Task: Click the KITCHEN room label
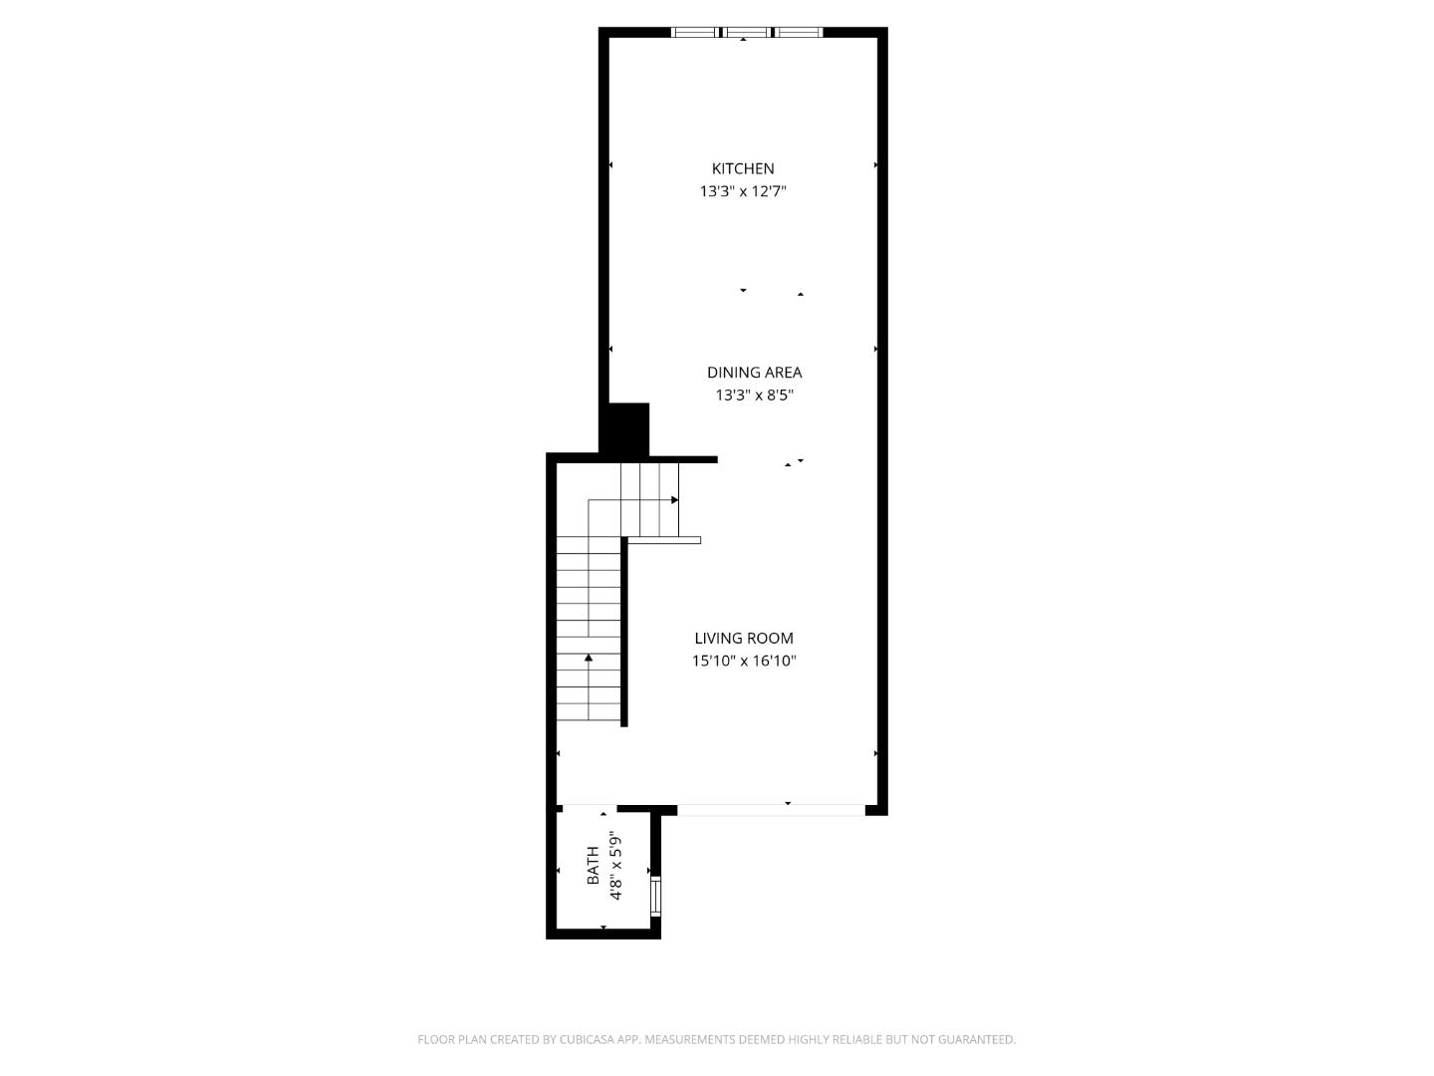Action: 743,168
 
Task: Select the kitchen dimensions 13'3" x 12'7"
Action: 743,191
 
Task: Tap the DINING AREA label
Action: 754,373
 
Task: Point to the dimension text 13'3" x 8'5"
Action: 754,396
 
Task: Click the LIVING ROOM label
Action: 744,639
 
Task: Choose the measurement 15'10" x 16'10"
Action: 744,661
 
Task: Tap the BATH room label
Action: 594,866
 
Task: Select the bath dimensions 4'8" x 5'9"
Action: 616,866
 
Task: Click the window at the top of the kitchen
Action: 747,33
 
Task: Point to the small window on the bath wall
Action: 655,896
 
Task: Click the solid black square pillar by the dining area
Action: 625,428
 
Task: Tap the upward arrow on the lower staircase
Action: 589,658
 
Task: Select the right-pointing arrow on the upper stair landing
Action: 674,500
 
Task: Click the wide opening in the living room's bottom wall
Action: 771,810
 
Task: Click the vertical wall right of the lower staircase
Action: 624,632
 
